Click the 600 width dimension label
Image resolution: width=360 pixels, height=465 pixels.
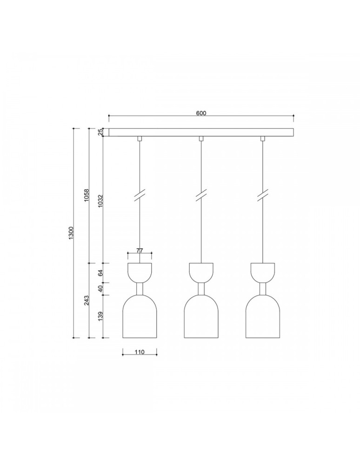pos(201,113)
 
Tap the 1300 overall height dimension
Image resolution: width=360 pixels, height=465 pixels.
pos(71,232)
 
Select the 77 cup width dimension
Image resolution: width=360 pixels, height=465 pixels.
pos(140,251)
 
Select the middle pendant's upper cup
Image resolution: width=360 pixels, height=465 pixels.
pos(201,272)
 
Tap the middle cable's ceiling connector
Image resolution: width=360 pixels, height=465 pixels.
pos(201,138)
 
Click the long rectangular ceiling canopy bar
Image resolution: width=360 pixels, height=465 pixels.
pos(201,133)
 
